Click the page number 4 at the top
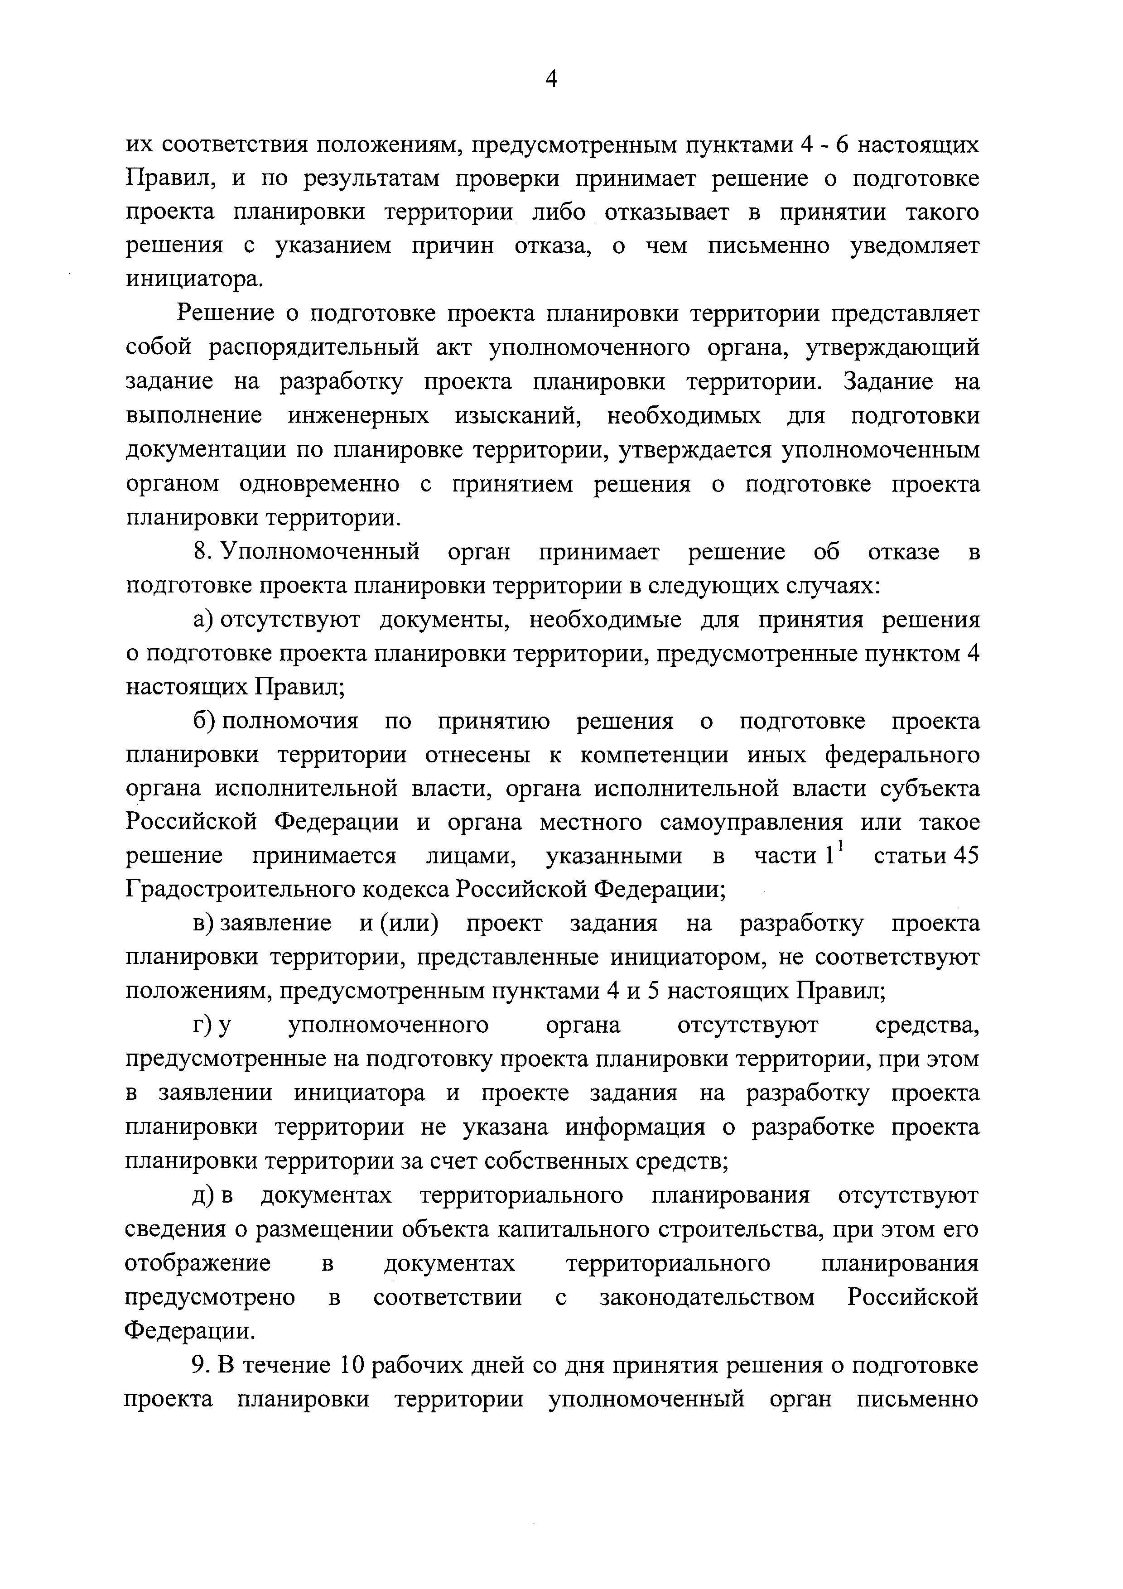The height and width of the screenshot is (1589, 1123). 551,80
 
